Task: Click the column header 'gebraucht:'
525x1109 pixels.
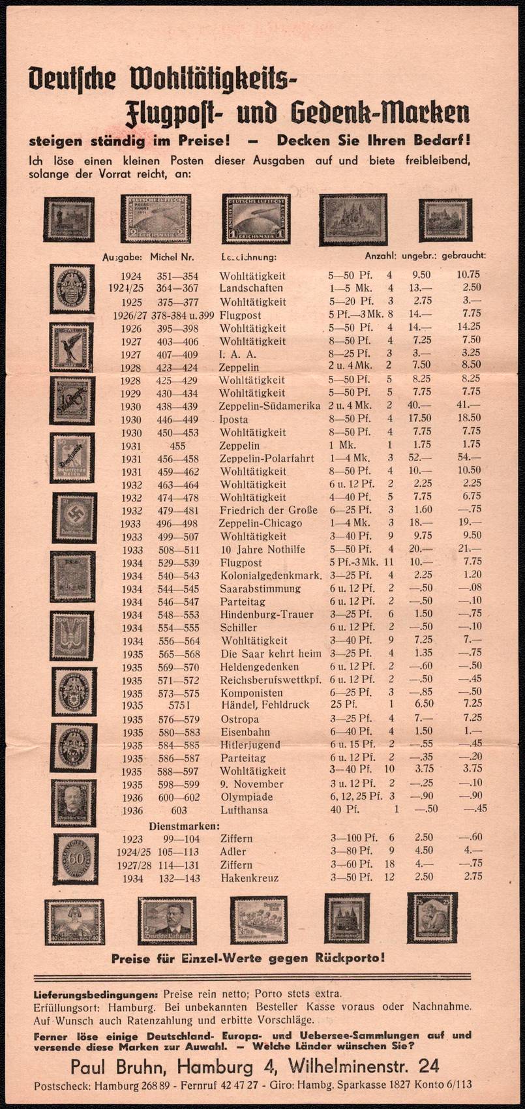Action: [464, 256]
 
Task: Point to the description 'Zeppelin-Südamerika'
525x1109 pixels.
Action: [270, 406]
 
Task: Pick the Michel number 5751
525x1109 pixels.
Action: [179, 705]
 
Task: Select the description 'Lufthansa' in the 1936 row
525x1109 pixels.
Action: [244, 810]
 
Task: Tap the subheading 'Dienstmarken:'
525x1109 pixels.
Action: [185, 825]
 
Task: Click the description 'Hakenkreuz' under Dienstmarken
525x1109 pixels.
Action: [250, 878]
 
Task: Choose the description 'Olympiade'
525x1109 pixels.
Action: [247, 797]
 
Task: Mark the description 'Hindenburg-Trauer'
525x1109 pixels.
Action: [267, 615]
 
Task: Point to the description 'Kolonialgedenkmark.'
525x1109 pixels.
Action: [271, 575]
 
